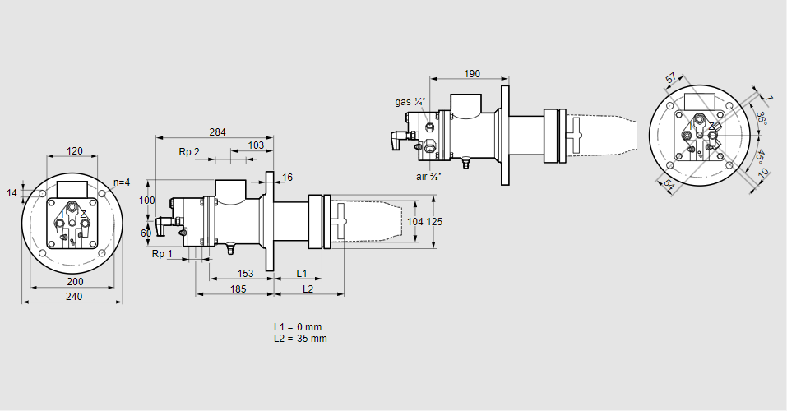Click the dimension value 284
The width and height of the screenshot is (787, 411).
pos(217,132)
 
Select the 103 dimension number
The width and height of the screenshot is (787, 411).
pos(256,145)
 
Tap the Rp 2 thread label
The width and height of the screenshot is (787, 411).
pos(189,151)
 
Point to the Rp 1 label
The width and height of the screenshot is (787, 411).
pos(162,254)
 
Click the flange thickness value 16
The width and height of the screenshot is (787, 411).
pos(287,178)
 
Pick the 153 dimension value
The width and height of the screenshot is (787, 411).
pos(245,273)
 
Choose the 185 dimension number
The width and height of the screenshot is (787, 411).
pos(238,289)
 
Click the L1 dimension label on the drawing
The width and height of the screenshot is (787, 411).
pos(301,273)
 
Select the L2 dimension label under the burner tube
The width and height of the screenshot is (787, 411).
pos(308,289)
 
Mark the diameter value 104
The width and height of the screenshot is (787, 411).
pos(415,222)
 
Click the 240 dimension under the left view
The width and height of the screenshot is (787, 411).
pos(73,298)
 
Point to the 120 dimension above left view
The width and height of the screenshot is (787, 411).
pos(75,151)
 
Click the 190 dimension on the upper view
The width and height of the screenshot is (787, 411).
pos(472,74)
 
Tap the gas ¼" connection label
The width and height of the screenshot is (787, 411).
pos(410,102)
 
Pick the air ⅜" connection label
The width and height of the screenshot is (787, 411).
pos(428,176)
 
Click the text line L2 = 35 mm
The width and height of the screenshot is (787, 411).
pos(300,339)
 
